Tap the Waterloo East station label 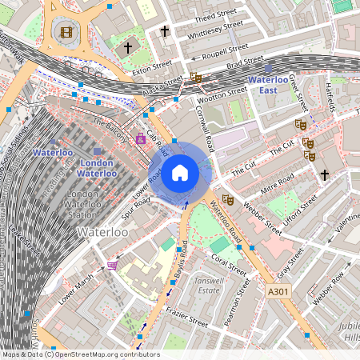click(273, 86)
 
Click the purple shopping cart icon click(113, 265)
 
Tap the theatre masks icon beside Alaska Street click(195, 78)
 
